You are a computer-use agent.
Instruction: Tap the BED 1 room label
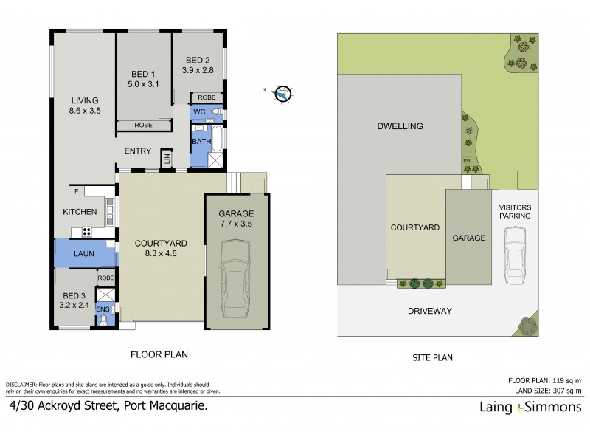142,74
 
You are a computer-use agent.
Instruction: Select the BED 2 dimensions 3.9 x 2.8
198,71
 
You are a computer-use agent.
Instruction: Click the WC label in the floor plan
198,111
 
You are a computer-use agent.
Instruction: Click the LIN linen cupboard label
167,157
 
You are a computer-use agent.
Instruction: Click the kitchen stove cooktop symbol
86,231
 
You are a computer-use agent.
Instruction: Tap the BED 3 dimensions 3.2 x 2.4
74,304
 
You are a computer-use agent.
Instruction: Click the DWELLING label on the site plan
401,126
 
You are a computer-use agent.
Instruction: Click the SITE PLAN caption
431,357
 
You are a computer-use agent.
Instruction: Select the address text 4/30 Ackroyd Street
63,406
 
